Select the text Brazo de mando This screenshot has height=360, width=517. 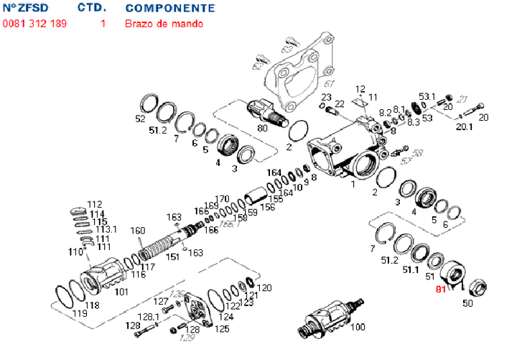pyautogui.click(x=164, y=23)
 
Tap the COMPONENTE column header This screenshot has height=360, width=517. pyautogui.click(x=169, y=8)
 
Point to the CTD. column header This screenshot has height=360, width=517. pyautogui.click(x=92, y=8)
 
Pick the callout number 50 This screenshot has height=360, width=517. pyautogui.click(x=467, y=304)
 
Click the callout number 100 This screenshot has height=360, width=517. pyautogui.click(x=357, y=328)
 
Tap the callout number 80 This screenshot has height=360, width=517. pyautogui.click(x=262, y=129)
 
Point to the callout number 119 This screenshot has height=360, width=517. pyautogui.click(x=79, y=313)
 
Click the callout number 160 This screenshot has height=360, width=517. pyautogui.click(x=137, y=231)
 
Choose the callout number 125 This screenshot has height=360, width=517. pyautogui.click(x=223, y=328)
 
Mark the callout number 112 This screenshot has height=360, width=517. pyautogui.click(x=95, y=204)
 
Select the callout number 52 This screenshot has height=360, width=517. pyautogui.click(x=140, y=119)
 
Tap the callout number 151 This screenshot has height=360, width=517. pyautogui.click(x=173, y=257)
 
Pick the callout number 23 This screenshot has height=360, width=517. pyautogui.click(x=326, y=97)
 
